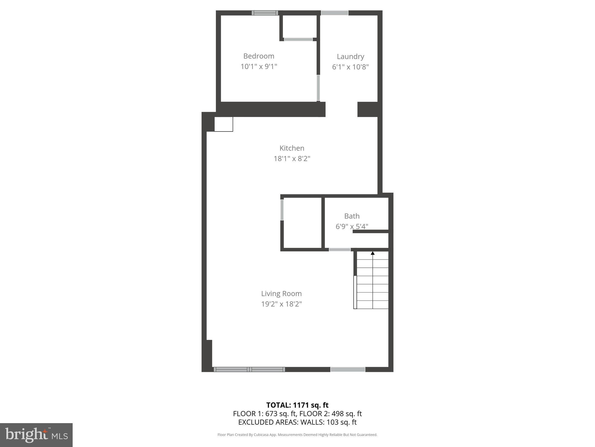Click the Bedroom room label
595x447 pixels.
point(259,56)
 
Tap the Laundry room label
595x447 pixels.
point(350,57)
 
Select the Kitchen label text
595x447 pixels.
point(292,148)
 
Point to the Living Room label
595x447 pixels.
point(281,294)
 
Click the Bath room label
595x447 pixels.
point(352,216)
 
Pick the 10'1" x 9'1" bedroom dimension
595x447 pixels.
point(259,67)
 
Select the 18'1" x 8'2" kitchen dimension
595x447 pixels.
point(292,159)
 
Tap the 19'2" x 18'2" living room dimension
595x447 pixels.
point(281,304)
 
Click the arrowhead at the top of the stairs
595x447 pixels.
point(372,253)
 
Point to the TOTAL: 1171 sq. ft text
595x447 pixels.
point(297,405)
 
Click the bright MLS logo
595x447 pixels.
point(36,435)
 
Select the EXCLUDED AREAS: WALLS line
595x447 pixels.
point(297,422)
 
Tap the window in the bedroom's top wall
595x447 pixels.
point(265,13)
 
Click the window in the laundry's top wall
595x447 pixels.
point(334,13)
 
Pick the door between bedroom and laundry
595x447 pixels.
point(318,88)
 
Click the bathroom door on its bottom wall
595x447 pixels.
point(340,250)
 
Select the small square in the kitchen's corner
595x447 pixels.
point(223,124)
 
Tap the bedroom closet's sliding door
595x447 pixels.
point(298,39)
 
